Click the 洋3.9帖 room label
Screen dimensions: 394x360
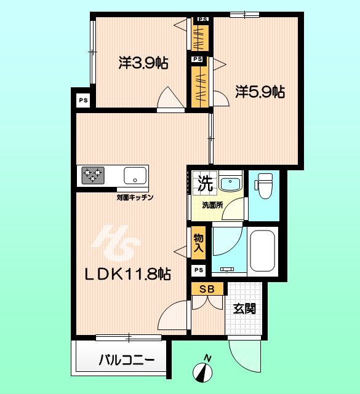point(143,63)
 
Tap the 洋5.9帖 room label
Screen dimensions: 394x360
point(259,92)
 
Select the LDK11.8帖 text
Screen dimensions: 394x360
point(128,274)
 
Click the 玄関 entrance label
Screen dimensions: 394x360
point(244,309)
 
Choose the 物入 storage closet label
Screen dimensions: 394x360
point(199,242)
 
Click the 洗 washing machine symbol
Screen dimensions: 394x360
point(205,183)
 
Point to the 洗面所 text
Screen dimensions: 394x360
point(212,205)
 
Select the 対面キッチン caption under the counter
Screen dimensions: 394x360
point(135,197)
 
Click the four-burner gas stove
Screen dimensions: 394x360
point(92,176)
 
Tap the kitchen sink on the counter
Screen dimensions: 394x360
point(134,176)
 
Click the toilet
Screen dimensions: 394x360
point(264,184)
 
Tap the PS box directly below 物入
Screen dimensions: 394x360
point(198,270)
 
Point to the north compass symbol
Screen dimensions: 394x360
point(204,371)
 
